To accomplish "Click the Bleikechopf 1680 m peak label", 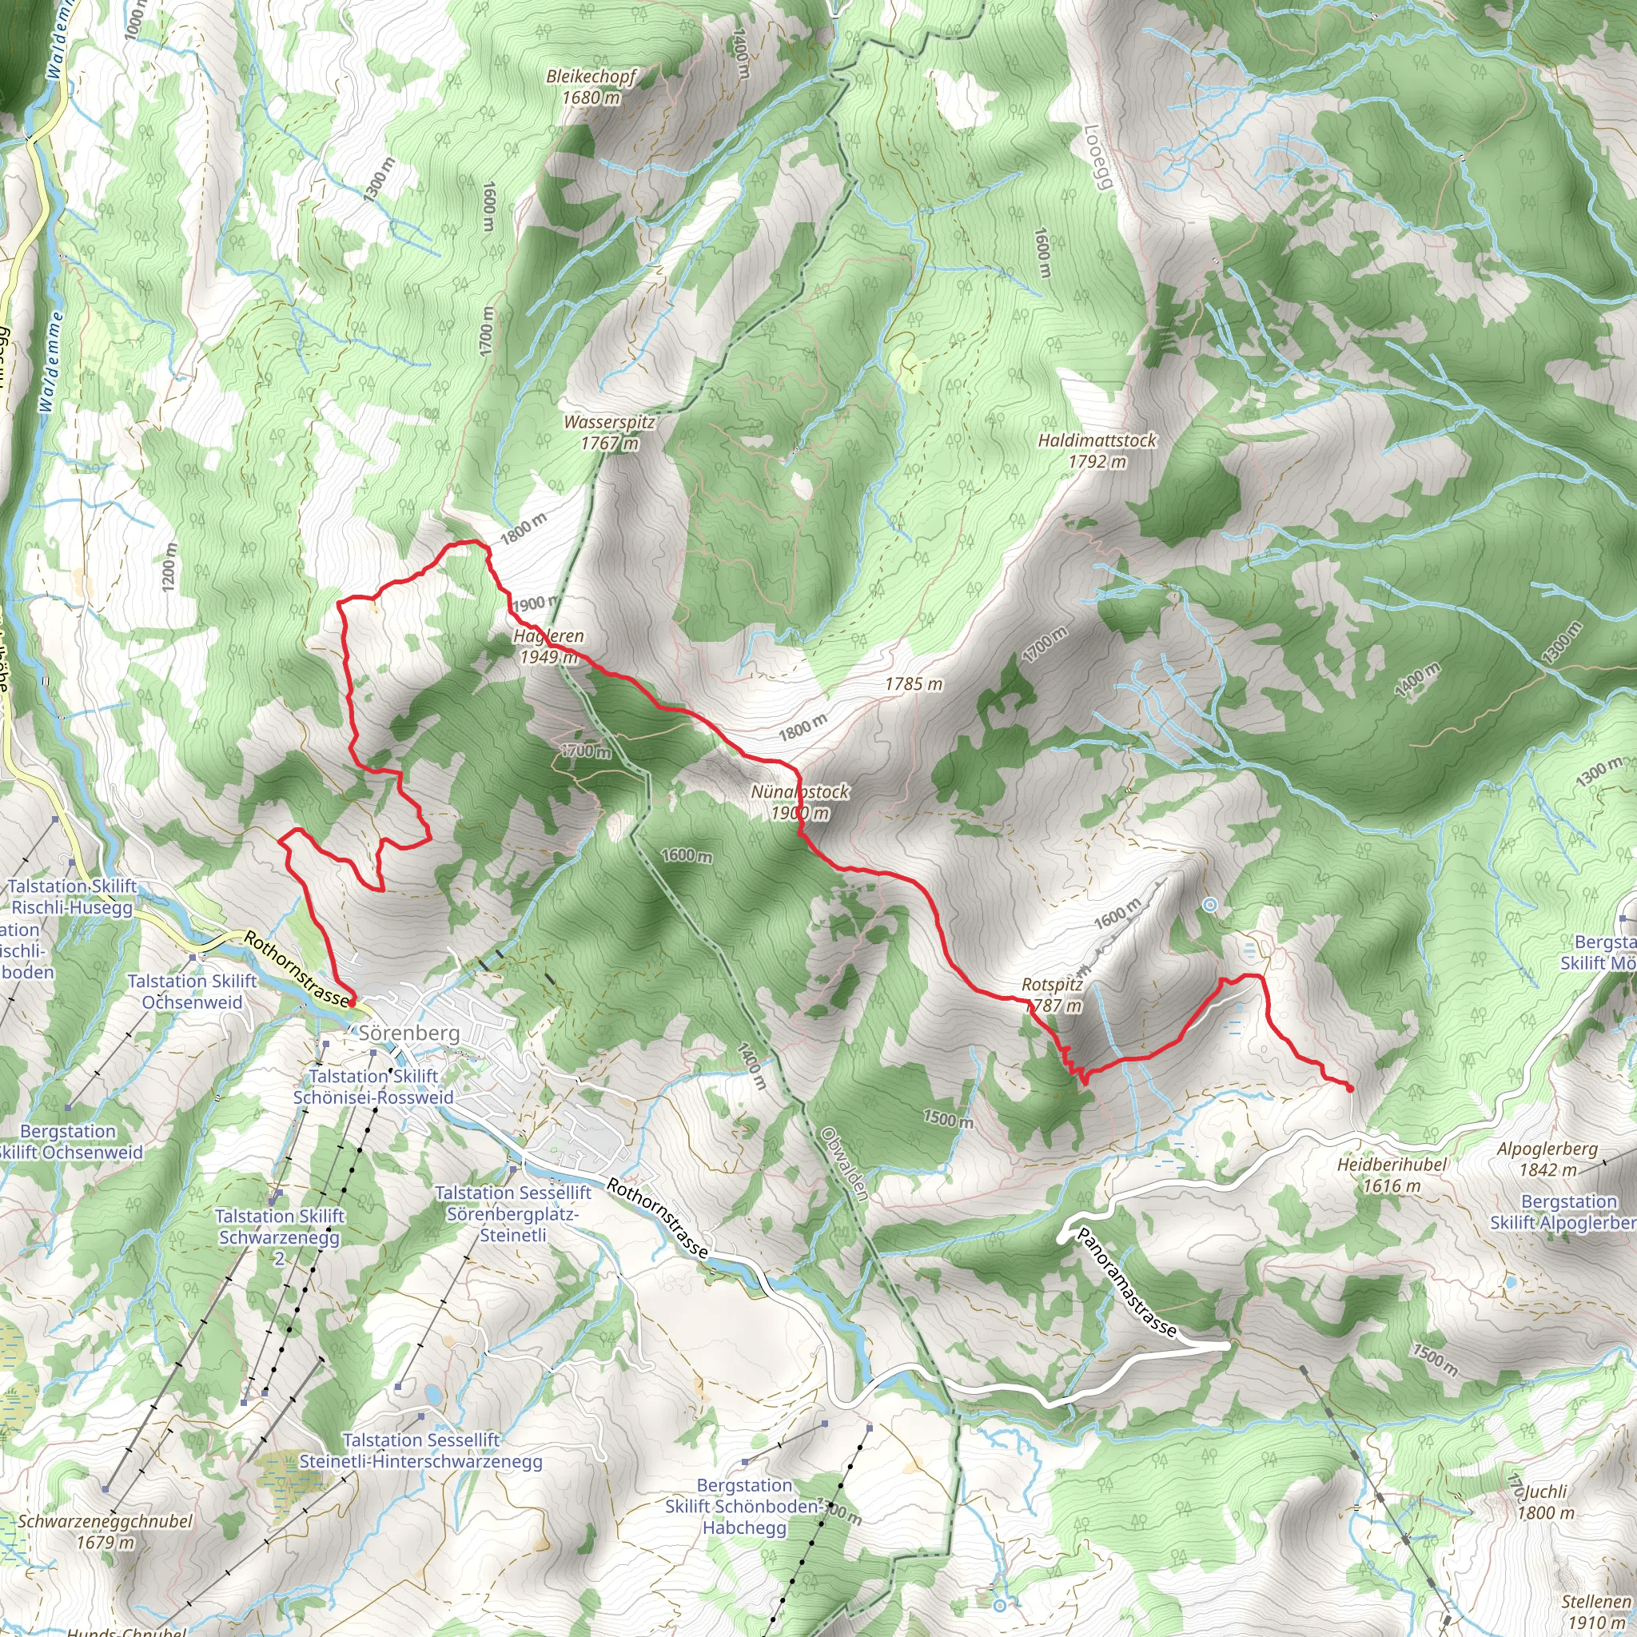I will pyautogui.click(x=591, y=87).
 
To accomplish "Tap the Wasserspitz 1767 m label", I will pyautogui.click(x=609, y=432).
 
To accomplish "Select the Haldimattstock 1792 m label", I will pyautogui.click(x=1097, y=451).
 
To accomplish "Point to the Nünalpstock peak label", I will pyautogui.click(x=800, y=802).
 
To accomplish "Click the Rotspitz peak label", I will pyautogui.click(x=1052, y=994).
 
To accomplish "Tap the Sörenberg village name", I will pyautogui.click(x=409, y=1033).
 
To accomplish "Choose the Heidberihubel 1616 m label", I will pyautogui.click(x=1392, y=1174).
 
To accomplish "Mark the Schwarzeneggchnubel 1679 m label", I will pyautogui.click(x=105, y=1531).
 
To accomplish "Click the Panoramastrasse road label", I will pyautogui.click(x=1126, y=1283).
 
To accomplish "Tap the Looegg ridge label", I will pyautogui.click(x=1097, y=158).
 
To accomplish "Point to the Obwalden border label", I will pyautogui.click(x=844, y=1163).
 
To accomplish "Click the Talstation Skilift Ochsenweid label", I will pyautogui.click(x=192, y=991).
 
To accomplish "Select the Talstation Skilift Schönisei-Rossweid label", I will pyautogui.click(x=372, y=1086).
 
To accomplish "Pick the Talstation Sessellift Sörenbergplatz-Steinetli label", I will pyautogui.click(x=512, y=1213).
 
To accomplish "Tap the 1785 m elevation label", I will pyautogui.click(x=914, y=683).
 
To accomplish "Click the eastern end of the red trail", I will pyautogui.click(x=1350, y=1089).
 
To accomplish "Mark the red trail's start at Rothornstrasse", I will pyautogui.click(x=352, y=1003).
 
